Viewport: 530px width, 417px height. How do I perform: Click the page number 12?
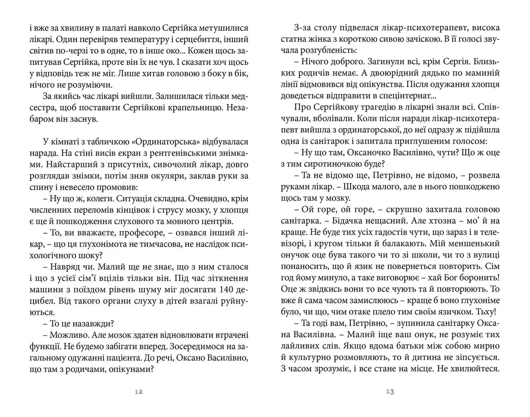coord(139,391)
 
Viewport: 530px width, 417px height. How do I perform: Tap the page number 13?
coord(390,391)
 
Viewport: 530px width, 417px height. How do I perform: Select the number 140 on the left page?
coord(221,290)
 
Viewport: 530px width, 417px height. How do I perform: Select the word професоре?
coord(142,233)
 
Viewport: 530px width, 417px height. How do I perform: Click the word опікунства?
coord(412,85)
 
